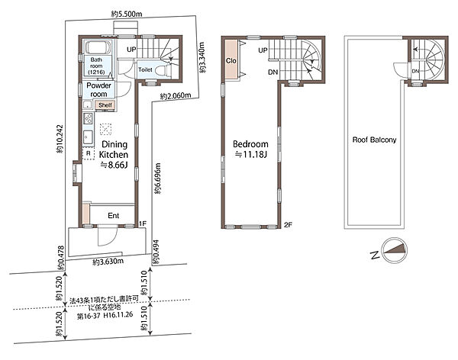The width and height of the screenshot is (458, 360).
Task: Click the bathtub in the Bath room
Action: click(97, 47)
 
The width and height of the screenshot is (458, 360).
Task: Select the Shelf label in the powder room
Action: click(105, 105)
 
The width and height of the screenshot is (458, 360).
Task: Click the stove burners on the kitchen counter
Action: click(88, 118)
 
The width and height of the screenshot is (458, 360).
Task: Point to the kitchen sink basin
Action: click(88, 137)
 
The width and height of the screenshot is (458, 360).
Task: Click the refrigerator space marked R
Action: click(89, 153)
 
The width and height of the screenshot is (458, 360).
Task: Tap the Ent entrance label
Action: click(113, 216)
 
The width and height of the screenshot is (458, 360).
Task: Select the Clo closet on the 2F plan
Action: click(231, 61)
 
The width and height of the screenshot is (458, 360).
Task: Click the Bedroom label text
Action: click(250, 144)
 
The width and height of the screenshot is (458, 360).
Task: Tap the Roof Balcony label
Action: click(374, 140)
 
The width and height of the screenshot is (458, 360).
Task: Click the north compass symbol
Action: click(395, 250)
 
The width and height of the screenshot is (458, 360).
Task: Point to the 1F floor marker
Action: click(142, 224)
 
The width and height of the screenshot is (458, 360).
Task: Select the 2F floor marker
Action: click(288, 225)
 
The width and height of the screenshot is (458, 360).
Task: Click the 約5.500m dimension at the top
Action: click(127, 14)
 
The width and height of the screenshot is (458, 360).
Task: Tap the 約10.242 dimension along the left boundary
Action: click(60, 139)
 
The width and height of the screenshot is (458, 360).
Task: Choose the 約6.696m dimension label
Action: click(157, 178)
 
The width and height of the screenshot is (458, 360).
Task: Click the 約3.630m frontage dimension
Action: click(108, 262)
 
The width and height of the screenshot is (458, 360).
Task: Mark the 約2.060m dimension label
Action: click(176, 95)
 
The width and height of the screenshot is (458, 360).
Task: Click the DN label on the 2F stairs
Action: click(273, 72)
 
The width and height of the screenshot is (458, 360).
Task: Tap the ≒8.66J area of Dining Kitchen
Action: click(114, 166)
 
